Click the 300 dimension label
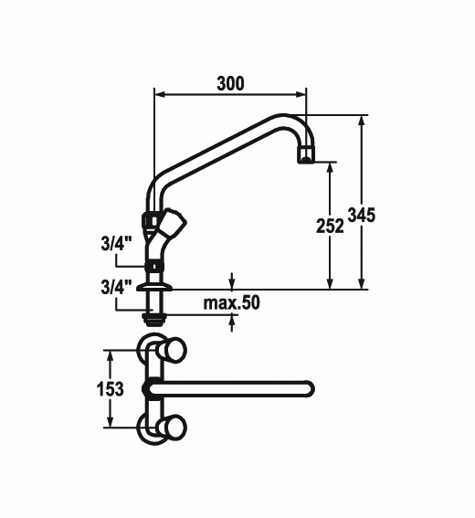tap(230, 83)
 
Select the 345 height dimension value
tap(362, 215)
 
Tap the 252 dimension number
tap(330, 227)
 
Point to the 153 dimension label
tap(111, 389)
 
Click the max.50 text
tap(231, 303)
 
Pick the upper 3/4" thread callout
tap(116, 245)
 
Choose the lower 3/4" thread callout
tap(116, 287)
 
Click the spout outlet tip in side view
tap(306, 155)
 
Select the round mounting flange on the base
tap(154, 287)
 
